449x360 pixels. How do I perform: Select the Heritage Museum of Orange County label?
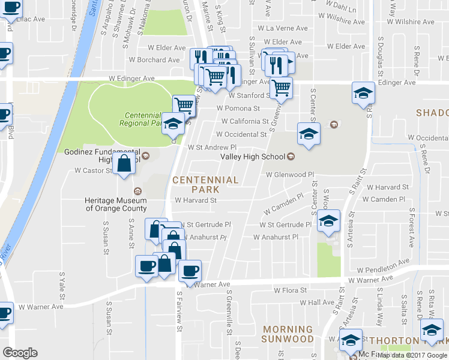point(116,205)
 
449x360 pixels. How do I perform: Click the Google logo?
point(20,352)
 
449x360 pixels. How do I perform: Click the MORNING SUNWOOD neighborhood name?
point(287,334)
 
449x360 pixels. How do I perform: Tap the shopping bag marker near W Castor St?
point(124,164)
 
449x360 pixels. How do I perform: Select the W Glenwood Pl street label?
point(291,175)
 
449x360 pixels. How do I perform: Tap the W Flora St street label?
point(290,290)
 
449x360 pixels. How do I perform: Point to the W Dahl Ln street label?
point(337,10)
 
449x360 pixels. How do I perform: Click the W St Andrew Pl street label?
point(212,147)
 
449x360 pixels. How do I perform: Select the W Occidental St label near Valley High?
point(241,134)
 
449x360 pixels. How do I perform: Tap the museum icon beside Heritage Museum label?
point(138,191)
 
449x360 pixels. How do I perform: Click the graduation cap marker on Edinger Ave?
point(363,94)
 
